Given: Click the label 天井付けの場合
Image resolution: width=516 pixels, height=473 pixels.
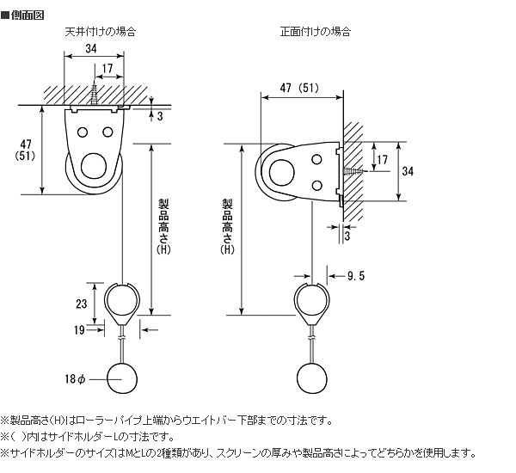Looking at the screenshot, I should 101,32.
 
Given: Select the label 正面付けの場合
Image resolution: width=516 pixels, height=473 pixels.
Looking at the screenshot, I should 315,32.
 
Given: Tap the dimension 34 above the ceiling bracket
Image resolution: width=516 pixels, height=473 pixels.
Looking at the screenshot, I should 91,49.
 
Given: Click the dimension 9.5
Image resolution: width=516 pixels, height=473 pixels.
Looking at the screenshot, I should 356,276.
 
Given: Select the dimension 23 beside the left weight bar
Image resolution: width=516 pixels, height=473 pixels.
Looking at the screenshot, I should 82,303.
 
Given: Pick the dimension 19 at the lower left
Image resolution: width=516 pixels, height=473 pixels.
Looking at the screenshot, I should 78,329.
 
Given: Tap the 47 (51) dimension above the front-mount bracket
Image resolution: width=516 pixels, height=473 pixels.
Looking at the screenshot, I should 299,86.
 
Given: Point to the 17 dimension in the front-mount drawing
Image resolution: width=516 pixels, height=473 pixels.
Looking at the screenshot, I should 383,160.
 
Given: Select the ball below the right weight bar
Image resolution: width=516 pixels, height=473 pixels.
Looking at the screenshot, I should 314,377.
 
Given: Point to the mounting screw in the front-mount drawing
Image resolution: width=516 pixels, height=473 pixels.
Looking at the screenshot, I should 355,173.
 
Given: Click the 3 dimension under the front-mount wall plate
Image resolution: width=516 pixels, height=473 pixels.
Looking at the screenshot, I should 346,234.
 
